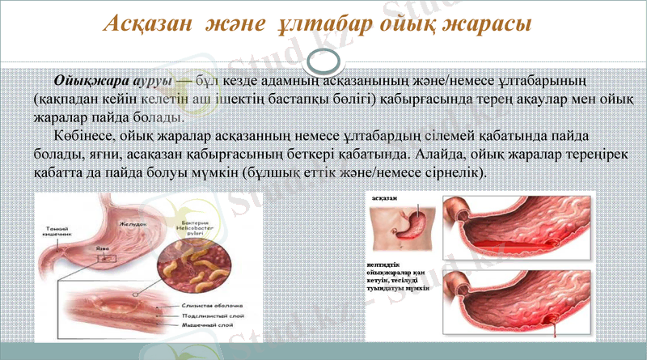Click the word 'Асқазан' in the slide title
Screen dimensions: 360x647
[146, 25]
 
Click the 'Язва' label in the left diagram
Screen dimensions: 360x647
[102, 249]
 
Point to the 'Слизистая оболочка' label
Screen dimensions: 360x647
[213, 306]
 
